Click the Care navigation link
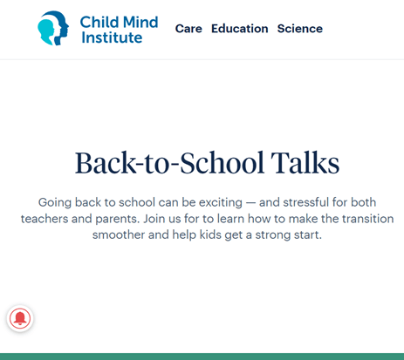(188, 29)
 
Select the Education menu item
(240, 29)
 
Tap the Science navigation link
(300, 29)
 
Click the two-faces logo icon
(53, 28)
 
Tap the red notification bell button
(20, 318)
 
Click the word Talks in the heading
(305, 163)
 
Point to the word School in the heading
(223, 163)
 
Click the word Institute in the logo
(112, 37)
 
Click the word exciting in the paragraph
(221, 202)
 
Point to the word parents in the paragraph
(118, 219)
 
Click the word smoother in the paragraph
(119, 234)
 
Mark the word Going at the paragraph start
(55, 202)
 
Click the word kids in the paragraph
(210, 234)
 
